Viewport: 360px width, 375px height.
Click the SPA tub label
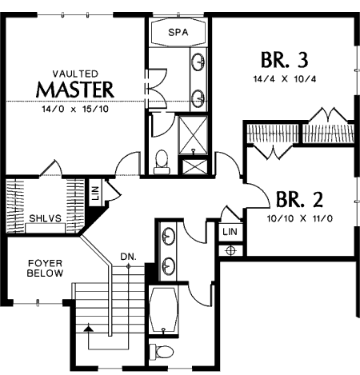178,32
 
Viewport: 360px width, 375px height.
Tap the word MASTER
75,90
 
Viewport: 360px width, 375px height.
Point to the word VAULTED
75,74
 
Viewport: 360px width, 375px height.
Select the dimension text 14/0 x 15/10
75,109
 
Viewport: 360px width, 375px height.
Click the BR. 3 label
285,59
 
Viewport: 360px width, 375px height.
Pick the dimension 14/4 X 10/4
285,79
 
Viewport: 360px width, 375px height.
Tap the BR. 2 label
299,199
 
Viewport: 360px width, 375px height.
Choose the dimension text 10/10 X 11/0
300,218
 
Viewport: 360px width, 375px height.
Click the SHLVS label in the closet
45,218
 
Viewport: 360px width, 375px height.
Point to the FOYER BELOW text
45,268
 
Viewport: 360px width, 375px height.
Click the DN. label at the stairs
128,257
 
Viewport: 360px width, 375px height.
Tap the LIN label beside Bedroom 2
230,232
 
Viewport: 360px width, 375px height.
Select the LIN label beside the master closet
95,193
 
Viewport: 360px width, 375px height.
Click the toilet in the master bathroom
162,162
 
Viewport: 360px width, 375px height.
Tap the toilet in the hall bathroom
162,352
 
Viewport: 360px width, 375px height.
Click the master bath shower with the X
193,135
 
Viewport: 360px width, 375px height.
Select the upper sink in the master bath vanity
198,62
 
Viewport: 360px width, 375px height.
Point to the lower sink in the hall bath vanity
168,265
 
